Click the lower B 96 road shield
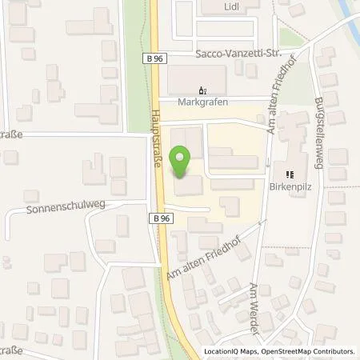156,217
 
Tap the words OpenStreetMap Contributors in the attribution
309,351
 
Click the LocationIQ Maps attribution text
230,351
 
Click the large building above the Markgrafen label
197,78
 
